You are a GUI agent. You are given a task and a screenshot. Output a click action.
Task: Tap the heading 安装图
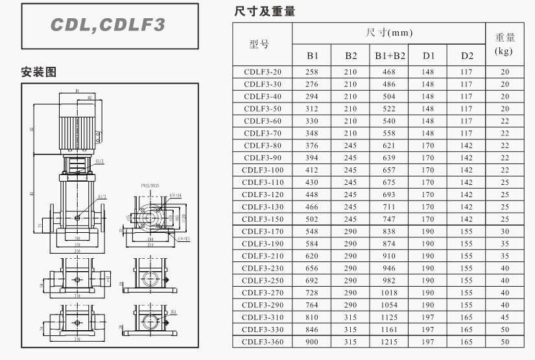point(39,72)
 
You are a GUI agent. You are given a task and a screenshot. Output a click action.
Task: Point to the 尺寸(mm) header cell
point(389,32)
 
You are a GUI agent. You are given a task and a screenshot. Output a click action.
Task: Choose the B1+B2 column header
point(390,56)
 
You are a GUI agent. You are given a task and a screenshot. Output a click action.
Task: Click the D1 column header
point(429,56)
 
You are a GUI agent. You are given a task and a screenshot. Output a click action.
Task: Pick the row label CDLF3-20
point(263,72)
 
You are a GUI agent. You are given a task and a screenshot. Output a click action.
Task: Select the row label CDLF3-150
point(263,219)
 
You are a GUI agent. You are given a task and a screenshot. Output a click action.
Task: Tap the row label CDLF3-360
point(263,342)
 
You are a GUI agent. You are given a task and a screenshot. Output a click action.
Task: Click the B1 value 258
point(312,72)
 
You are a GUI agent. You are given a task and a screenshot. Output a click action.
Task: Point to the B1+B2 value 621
point(389,145)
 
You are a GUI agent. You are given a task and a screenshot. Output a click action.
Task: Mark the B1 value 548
point(312,232)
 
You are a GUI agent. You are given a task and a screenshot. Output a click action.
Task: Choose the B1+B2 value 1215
point(389,342)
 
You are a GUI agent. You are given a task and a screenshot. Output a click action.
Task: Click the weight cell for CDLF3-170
point(505,232)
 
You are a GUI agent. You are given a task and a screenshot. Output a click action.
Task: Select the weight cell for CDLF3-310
point(505,317)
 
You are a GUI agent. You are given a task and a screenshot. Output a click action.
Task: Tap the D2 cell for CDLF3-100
point(467,170)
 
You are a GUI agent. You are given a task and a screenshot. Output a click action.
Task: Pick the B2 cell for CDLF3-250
point(351,280)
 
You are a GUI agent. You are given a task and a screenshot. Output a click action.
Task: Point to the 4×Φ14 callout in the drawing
point(176,195)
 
